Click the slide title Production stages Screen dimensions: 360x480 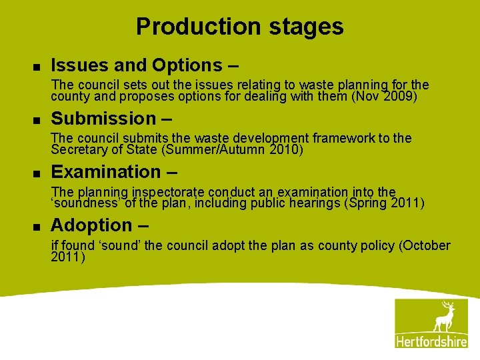pos(239,27)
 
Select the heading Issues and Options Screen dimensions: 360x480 pos(136,65)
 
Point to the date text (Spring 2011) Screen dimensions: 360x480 pos(384,203)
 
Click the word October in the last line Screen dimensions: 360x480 pos(427,245)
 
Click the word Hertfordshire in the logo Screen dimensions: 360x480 pos(431,341)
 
